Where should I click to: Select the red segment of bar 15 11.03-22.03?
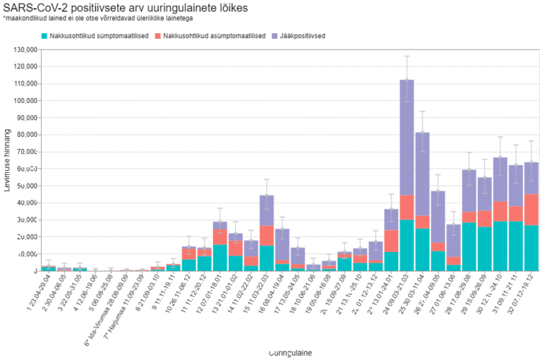click(x=267, y=236)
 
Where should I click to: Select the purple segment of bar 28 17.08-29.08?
click(x=469, y=191)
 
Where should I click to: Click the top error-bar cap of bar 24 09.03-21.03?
click(x=406, y=56)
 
